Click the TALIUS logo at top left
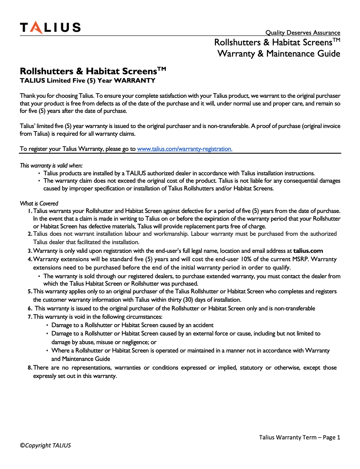50,27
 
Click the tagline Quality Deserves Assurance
302,32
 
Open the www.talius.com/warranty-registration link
184,149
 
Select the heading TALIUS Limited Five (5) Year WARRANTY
87,80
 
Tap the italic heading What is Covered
39,203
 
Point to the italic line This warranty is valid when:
51,165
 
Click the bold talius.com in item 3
308,251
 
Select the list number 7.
30,317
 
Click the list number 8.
30,368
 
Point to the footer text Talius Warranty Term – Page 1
299,437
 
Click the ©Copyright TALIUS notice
45,445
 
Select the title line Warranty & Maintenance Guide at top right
279,53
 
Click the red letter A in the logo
37,28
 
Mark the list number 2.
30,234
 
